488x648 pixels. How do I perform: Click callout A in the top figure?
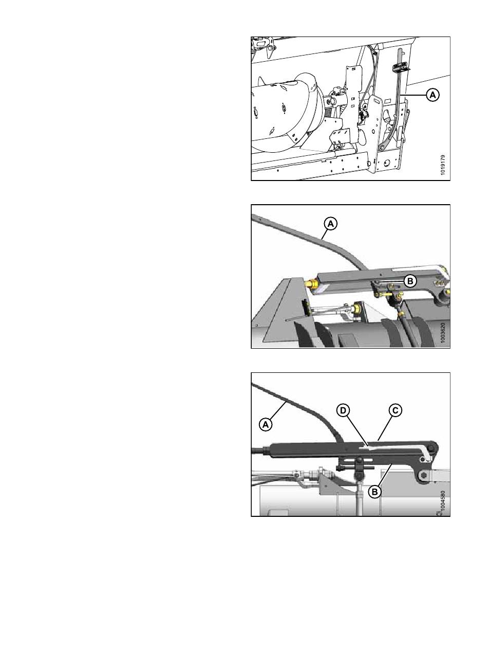(433, 95)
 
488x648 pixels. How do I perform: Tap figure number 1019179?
(443, 165)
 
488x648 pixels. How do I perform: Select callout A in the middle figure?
(331, 224)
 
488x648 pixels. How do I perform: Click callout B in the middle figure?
(410, 281)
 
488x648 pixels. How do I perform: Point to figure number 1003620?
(443, 333)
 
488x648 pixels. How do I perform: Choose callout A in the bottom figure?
(266, 424)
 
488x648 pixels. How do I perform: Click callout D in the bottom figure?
(343, 410)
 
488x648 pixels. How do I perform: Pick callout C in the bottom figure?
(396, 410)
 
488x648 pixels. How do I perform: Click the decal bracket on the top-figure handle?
(400, 67)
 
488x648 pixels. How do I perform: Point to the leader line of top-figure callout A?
(415, 95)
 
